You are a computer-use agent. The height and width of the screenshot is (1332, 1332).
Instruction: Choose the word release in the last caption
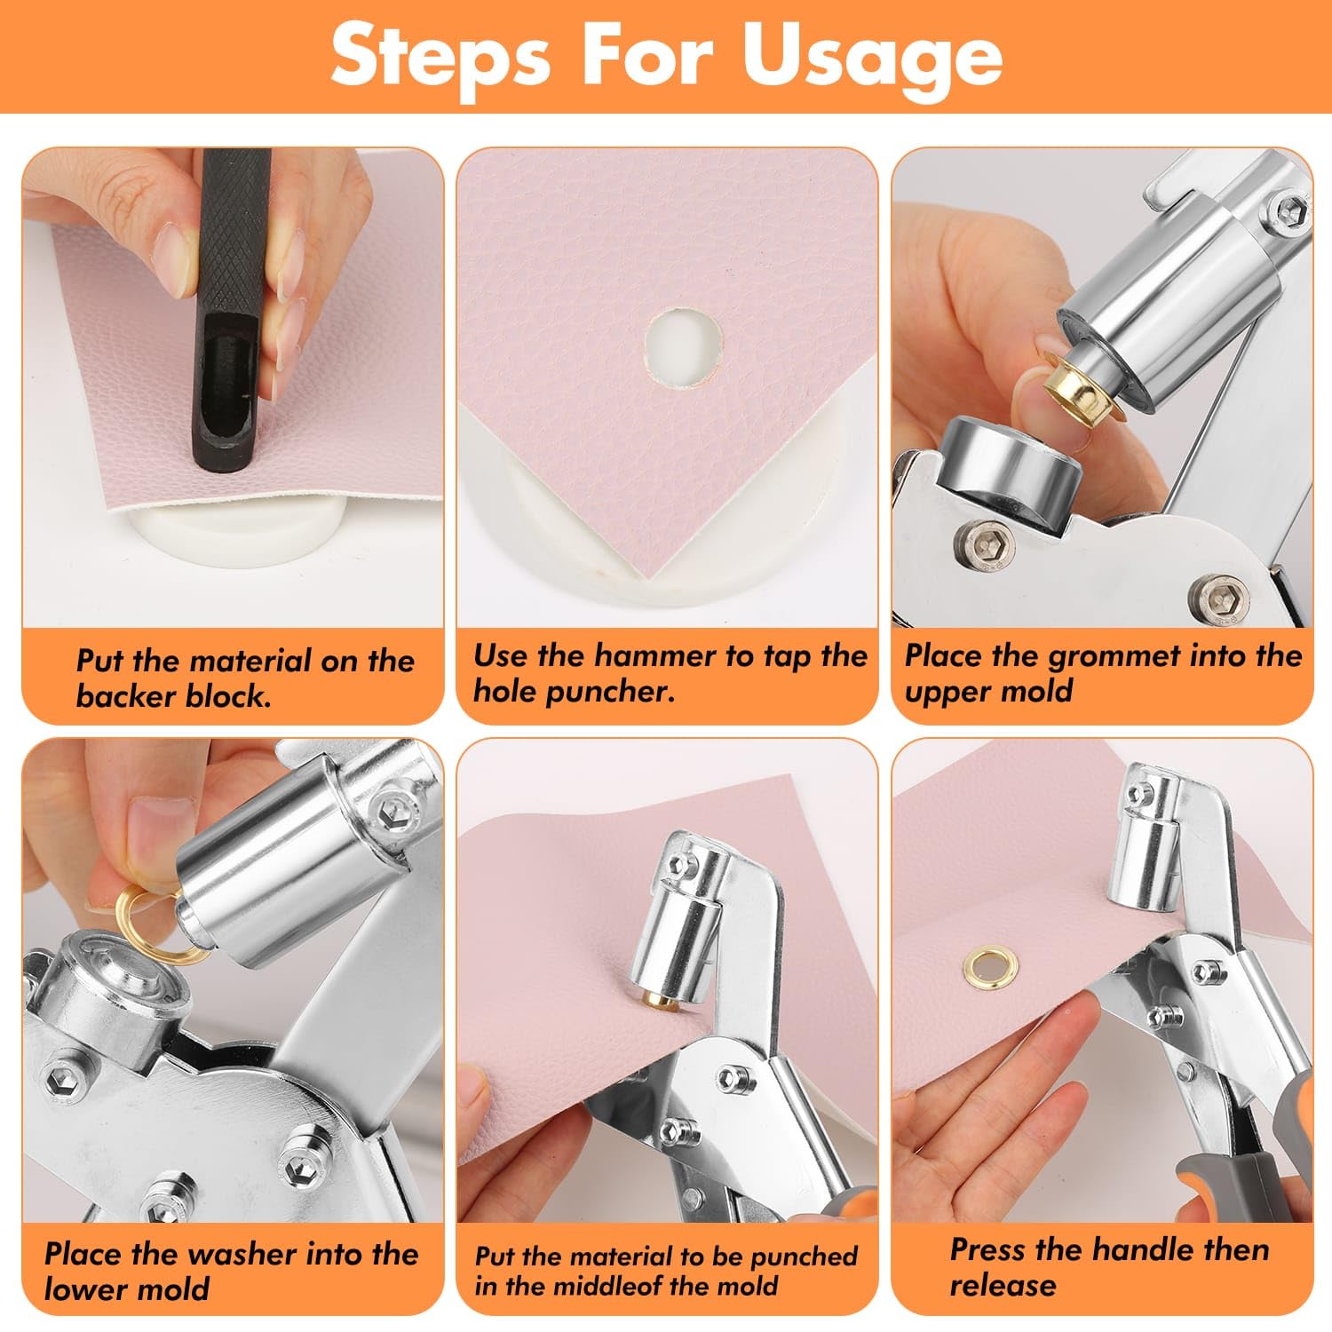1003,1285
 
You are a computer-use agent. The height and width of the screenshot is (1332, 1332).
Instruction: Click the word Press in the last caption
987,1249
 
